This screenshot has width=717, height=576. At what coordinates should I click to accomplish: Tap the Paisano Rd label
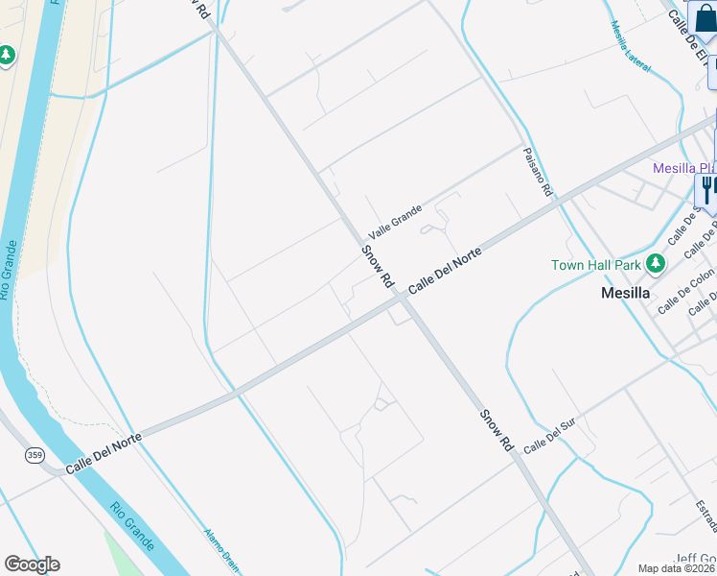pos(538,173)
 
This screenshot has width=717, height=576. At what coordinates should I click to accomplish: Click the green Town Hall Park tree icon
pos(656,263)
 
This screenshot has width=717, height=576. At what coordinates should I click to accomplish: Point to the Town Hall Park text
pos(595,265)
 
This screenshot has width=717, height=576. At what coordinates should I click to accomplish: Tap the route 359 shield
pos(35,454)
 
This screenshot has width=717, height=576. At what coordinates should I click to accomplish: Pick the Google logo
pos(32,564)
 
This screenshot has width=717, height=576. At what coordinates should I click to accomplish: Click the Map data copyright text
pos(677,568)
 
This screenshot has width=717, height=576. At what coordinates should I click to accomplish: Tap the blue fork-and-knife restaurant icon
pos(706,188)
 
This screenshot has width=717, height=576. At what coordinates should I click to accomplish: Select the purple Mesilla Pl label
pos(684,168)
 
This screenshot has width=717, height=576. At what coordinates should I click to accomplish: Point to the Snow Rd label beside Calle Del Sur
pos(494,430)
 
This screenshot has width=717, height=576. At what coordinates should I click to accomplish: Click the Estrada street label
pos(706,515)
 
